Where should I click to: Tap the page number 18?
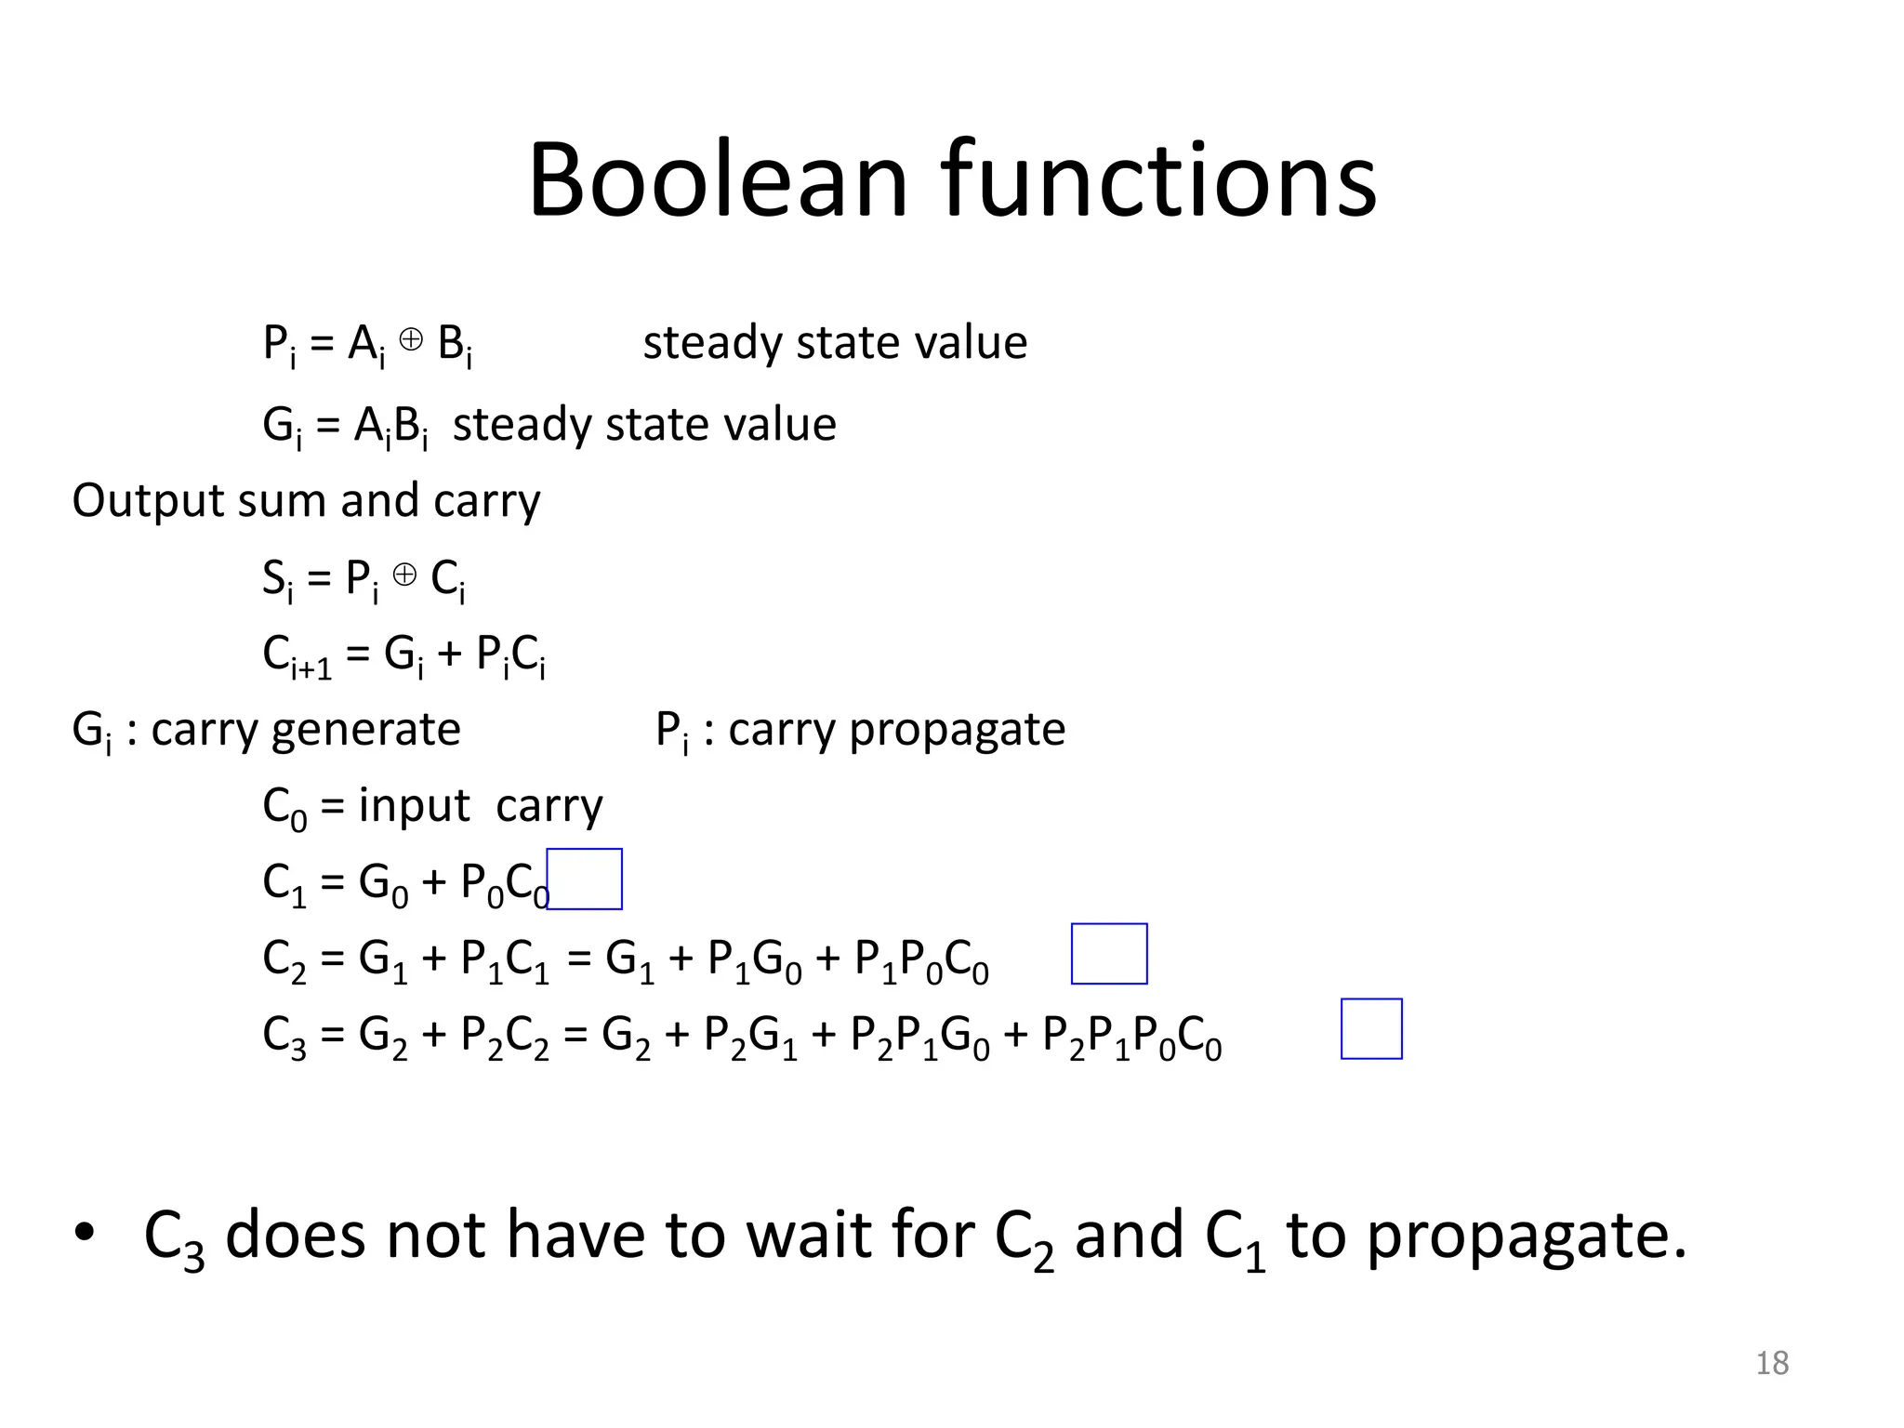click(1772, 1363)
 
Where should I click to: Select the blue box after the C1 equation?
click(584, 879)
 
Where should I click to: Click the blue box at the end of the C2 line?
click(1109, 954)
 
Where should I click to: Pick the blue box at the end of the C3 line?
click(1371, 1029)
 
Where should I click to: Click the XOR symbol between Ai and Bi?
click(411, 340)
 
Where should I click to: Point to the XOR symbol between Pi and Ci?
click(404, 575)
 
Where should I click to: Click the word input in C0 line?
click(415, 806)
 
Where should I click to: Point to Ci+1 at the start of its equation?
click(297, 655)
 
